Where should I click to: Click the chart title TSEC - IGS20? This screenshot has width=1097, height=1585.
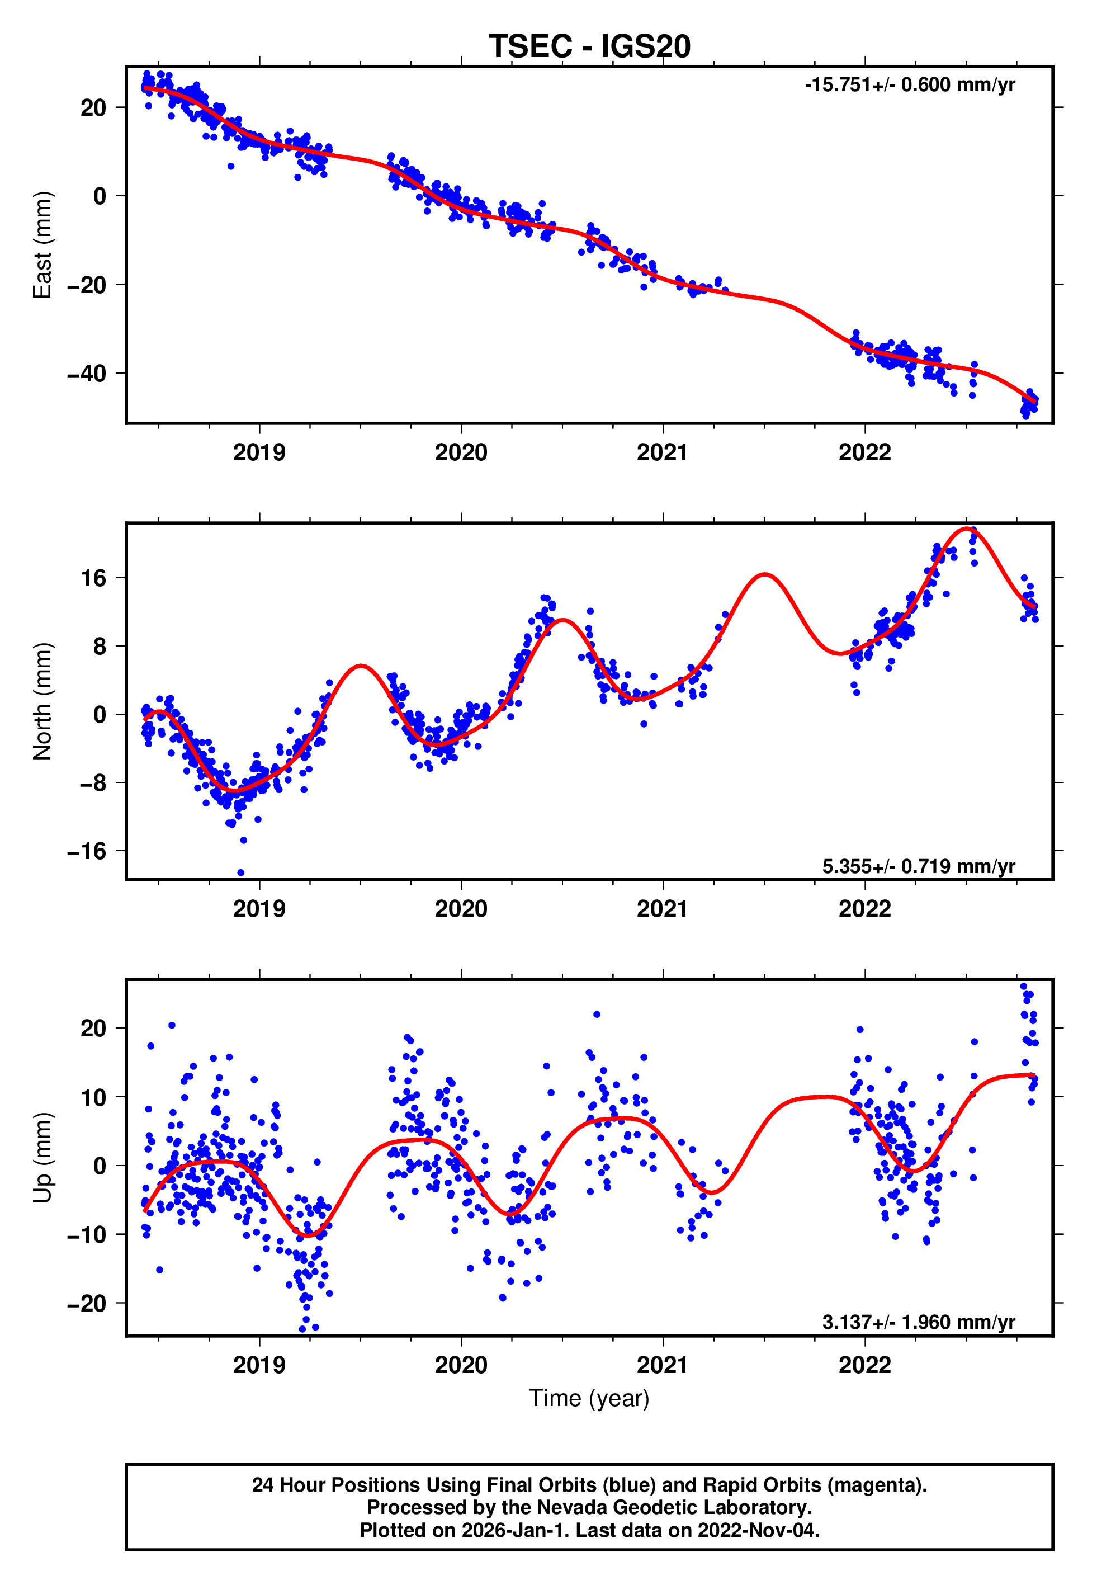click(x=589, y=47)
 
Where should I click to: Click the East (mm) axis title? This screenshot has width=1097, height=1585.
click(x=42, y=245)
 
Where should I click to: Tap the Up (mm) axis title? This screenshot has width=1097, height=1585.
click(x=42, y=1158)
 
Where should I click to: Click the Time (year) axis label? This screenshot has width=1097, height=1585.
click(x=589, y=1398)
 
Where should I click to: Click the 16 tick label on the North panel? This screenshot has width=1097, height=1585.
click(x=94, y=578)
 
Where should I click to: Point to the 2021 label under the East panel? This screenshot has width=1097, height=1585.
click(x=662, y=452)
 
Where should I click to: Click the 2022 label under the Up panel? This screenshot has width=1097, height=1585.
click(x=864, y=1365)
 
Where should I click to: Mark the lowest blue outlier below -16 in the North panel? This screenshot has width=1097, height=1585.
click(x=240, y=872)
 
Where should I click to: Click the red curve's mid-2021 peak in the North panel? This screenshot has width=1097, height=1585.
click(x=764, y=574)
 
